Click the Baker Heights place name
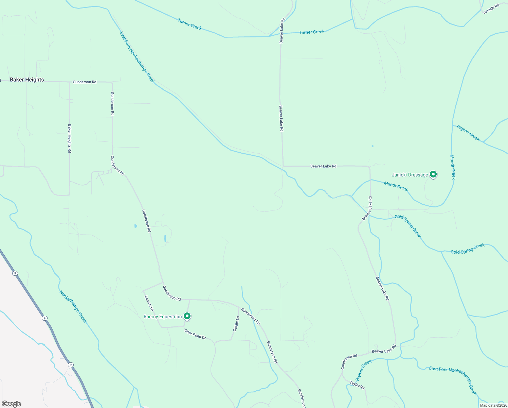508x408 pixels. click(27, 80)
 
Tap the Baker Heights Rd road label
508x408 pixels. click(69, 138)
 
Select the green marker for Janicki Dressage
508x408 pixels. click(433, 174)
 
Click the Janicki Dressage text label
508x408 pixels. click(410, 175)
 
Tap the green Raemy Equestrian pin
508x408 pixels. click(187, 316)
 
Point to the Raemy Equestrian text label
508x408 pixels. click(163, 317)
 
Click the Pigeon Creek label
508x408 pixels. click(468, 133)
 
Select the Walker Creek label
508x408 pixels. click(363, 370)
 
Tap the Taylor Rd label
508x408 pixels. click(357, 385)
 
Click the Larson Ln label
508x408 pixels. click(149, 303)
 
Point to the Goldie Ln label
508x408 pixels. click(236, 324)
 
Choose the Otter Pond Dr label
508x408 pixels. click(195, 334)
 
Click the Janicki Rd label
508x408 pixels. click(491, 8)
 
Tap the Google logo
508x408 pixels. click(11, 404)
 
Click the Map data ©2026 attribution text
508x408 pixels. click(493, 405)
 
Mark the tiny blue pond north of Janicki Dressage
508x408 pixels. click(373, 146)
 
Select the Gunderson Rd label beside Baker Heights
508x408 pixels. click(85, 82)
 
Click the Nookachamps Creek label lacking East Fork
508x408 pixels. click(73, 306)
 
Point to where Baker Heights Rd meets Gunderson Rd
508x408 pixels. click(69, 82)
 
